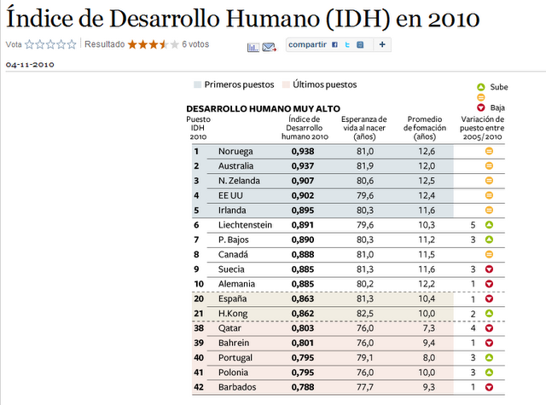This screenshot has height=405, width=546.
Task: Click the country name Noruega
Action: point(235,151)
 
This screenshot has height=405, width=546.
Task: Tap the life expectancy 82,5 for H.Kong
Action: point(363,314)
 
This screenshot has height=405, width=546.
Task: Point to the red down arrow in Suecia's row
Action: point(490,269)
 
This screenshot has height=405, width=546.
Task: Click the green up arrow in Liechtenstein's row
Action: point(490,225)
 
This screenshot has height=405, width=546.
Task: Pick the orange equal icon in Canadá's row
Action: point(490,255)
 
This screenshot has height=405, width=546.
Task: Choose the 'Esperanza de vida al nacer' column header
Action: point(363,128)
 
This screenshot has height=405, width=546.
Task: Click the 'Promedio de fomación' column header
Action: point(425,128)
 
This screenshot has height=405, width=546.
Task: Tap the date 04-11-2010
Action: point(30,64)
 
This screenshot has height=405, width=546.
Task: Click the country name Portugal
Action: point(236,358)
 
